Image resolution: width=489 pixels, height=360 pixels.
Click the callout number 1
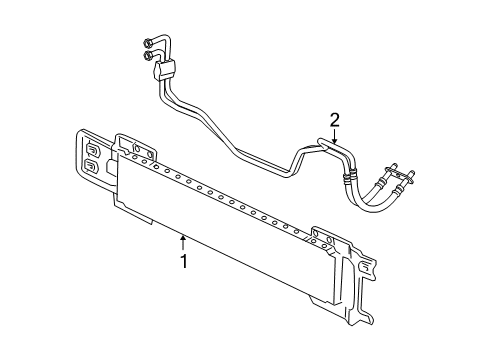[x=184, y=261]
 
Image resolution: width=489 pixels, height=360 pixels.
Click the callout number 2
[x=336, y=120]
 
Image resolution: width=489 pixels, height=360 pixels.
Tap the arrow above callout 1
[x=183, y=241]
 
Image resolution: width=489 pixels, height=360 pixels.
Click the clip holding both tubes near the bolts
[x=165, y=69]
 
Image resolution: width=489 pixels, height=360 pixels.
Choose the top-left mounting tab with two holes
[x=132, y=147]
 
